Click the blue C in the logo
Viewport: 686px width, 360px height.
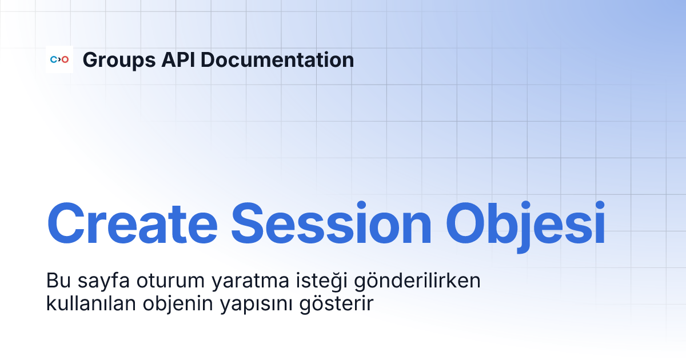(x=54, y=59)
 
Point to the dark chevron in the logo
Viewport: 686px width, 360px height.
(x=59, y=59)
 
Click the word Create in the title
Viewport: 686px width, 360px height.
(x=132, y=224)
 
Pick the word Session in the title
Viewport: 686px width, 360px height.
(x=332, y=224)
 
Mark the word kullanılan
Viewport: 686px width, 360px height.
(x=91, y=303)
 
